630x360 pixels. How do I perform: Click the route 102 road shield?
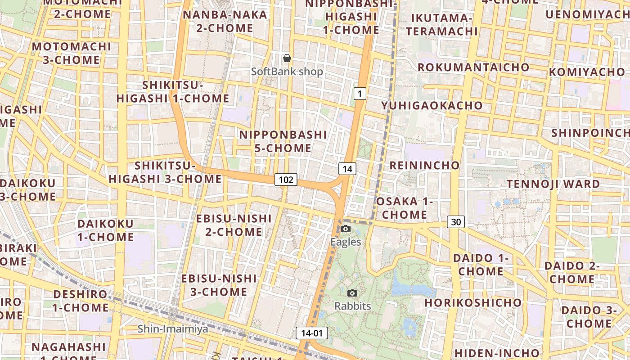click(x=286, y=180)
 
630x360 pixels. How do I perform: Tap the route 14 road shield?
click(x=347, y=169)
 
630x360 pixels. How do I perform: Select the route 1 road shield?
click(x=360, y=94)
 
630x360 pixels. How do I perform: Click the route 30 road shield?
click(x=456, y=221)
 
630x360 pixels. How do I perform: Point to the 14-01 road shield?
click(x=312, y=333)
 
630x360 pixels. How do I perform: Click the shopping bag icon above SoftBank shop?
click(x=287, y=58)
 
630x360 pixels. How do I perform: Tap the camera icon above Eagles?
click(x=346, y=229)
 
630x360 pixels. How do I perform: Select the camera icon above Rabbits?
click(x=352, y=293)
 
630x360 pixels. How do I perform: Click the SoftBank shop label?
click(x=287, y=72)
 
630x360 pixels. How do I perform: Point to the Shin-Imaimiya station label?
click(x=173, y=329)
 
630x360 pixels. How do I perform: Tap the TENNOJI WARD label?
click(x=553, y=184)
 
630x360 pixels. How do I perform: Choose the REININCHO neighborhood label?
click(x=424, y=165)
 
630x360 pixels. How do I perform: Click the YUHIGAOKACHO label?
click(x=432, y=106)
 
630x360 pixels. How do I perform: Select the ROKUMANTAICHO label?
click(x=473, y=67)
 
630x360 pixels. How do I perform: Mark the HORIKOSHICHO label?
click(x=473, y=302)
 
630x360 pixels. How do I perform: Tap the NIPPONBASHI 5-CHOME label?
click(x=283, y=141)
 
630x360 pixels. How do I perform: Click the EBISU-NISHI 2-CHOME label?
click(x=234, y=225)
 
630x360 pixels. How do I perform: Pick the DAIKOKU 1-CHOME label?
click(x=105, y=230)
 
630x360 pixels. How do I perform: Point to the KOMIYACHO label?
click(x=587, y=72)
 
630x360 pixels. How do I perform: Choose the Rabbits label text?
click(x=352, y=306)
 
